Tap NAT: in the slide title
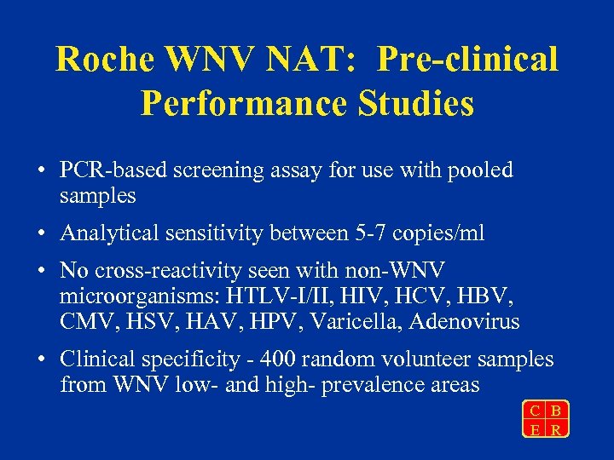pos(321,59)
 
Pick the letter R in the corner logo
pos(556,428)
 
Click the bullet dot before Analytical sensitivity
pos(41,233)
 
